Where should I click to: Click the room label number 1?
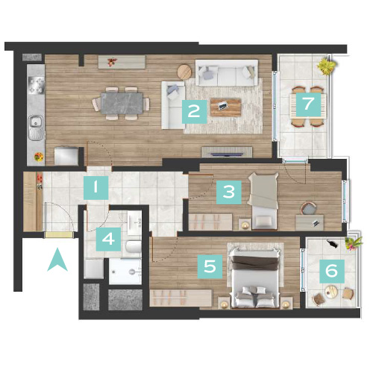[95, 188]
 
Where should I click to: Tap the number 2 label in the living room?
[194, 112]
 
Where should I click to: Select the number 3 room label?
[229, 192]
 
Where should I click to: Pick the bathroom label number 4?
[108, 239]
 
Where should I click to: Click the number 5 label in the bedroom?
[210, 266]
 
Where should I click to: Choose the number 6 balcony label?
[332, 272]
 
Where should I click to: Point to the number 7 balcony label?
[308, 104]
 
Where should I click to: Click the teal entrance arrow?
[57, 259]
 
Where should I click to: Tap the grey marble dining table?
[122, 103]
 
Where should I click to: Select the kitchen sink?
[36, 128]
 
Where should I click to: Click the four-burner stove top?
[37, 85]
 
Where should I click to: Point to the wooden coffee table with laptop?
[226, 107]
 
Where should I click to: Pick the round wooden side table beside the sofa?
[184, 72]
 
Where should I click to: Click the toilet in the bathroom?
[134, 246]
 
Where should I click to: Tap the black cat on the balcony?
[332, 244]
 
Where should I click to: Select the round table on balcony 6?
[331, 291]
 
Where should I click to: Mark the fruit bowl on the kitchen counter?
[39, 157]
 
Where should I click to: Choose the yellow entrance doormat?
[60, 235]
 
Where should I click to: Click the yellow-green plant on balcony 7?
[327, 66]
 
